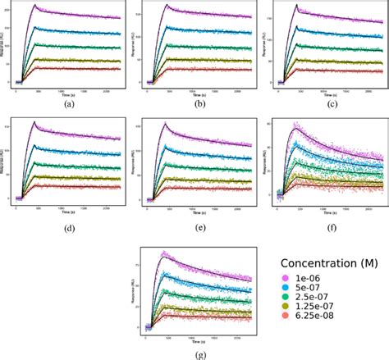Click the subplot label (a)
pyautogui.click(x=66, y=103)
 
